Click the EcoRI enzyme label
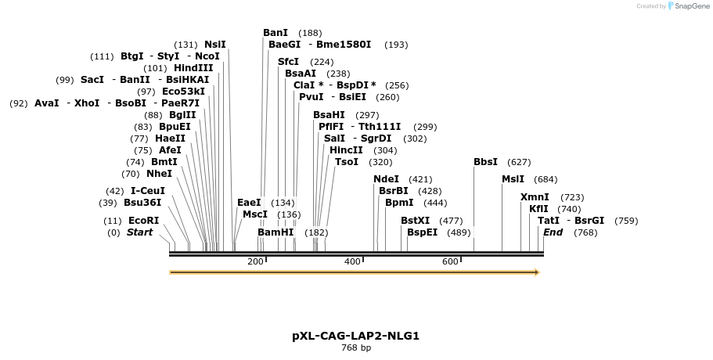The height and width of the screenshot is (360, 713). click(143, 221)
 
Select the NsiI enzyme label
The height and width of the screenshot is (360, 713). click(215, 45)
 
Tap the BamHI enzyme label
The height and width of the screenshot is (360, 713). click(275, 232)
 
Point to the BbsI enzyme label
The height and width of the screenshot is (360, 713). click(485, 162)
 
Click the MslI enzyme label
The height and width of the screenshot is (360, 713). click(513, 179)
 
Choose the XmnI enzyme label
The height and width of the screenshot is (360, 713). click(535, 197)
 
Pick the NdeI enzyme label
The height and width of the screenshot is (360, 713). click(386, 179)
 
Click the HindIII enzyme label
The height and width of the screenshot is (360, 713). click(193, 68)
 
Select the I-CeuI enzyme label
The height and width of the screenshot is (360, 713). click(148, 191)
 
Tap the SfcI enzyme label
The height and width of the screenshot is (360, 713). click(289, 62)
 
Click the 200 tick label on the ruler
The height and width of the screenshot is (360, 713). click(255, 261)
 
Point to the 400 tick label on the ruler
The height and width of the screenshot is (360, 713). click(352, 261)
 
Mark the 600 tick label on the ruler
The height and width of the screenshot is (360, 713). click(450, 261)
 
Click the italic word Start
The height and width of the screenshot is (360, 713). click(140, 232)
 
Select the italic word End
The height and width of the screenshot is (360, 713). click(553, 232)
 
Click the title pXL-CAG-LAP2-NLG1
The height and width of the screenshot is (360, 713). click(356, 336)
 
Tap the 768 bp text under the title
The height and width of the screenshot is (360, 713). click(356, 348)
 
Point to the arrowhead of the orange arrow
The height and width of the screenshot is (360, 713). click(537, 272)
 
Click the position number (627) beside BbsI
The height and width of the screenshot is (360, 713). click(519, 162)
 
